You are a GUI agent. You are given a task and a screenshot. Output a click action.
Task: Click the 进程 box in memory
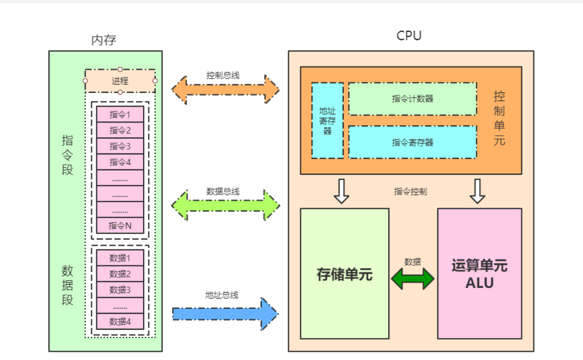click(120, 81)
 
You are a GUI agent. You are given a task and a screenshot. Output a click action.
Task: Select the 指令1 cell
click(120, 114)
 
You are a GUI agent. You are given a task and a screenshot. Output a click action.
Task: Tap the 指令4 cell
click(120, 162)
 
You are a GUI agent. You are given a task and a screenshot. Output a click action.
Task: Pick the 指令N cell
click(120, 225)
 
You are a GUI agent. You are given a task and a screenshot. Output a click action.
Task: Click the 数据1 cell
click(120, 258)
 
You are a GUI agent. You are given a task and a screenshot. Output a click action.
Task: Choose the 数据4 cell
click(120, 322)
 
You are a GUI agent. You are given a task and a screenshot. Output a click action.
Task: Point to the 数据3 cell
click(120, 290)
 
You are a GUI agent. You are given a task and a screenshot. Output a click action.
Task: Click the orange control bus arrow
click(226, 87)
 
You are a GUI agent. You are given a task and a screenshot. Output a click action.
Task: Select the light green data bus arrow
click(226, 205)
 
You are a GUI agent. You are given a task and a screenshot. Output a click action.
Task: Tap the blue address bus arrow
click(226, 314)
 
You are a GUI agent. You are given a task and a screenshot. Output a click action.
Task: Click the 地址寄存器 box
click(328, 120)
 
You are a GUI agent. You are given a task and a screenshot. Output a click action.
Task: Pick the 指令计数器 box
click(413, 99)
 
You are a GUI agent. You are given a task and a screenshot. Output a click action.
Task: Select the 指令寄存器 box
click(413, 142)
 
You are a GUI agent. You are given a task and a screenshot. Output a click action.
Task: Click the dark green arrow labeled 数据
click(413, 279)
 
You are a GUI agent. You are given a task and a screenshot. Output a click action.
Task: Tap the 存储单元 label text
click(345, 274)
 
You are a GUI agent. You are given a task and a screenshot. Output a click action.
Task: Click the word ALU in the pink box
click(479, 284)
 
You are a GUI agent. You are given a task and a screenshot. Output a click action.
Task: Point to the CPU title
click(409, 36)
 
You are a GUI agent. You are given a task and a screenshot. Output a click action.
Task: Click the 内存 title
click(104, 40)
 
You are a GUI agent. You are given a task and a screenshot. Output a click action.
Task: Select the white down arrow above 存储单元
click(342, 191)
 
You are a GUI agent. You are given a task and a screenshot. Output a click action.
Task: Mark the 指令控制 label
click(410, 192)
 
